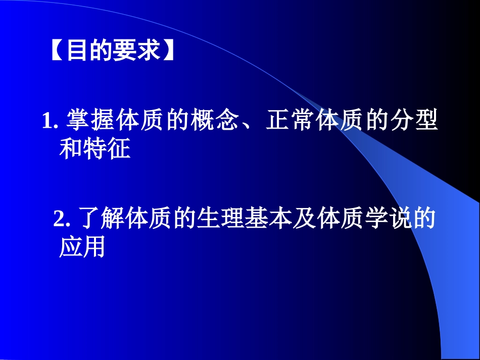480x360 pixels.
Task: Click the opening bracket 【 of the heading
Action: [x=58, y=50]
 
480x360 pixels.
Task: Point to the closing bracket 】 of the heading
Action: [x=167, y=50]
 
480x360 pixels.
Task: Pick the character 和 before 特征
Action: [x=71, y=149]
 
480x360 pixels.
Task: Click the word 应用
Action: [x=82, y=247]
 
